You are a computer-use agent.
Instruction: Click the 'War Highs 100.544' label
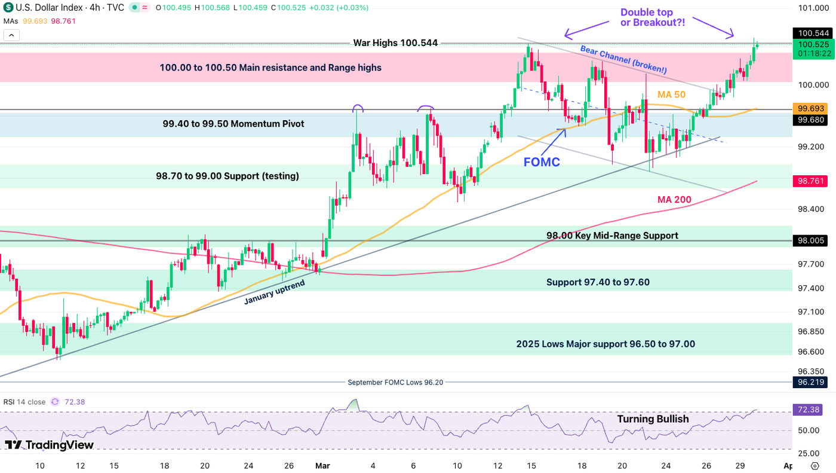coord(395,43)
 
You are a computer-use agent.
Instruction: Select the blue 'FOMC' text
coord(542,161)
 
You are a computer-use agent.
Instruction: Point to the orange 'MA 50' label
coord(671,94)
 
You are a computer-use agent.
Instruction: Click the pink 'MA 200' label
coord(674,199)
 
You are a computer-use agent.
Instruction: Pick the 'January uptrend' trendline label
coord(274,292)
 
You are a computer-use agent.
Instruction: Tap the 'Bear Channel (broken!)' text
coord(623,60)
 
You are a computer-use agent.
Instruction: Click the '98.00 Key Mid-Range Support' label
coord(612,236)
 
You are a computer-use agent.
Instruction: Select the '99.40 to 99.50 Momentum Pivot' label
coord(233,124)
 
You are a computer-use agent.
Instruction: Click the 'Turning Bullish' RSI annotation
coord(653,419)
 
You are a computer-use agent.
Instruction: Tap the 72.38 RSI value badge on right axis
coord(809,410)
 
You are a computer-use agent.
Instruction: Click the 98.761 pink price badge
coord(809,181)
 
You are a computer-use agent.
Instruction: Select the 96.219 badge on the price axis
coord(809,383)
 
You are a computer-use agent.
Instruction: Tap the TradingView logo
coord(50,445)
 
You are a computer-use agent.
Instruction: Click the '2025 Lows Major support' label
coord(606,344)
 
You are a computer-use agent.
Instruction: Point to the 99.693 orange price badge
coord(809,109)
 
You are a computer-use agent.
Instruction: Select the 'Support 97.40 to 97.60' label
coord(598,282)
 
